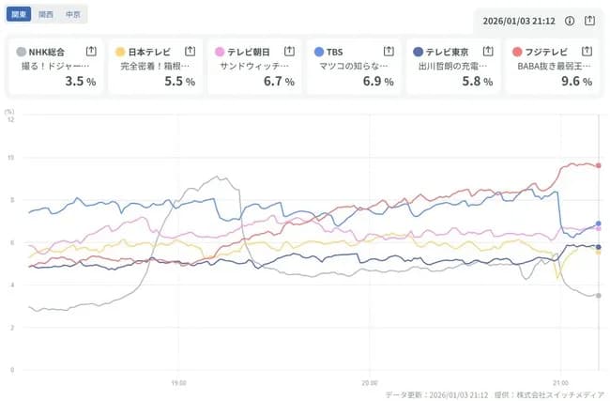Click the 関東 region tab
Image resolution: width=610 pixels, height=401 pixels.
[x=19, y=15]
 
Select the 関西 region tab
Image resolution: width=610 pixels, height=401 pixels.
[x=46, y=15]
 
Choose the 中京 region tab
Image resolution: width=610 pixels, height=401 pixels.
[x=72, y=15]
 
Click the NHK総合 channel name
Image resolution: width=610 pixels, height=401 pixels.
[x=47, y=51]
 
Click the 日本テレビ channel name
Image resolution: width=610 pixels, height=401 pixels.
[x=148, y=51]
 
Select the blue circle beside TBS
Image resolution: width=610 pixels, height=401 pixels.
[x=319, y=51]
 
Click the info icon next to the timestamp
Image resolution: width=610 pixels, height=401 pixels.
[x=570, y=20]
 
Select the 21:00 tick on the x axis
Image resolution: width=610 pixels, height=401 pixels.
[x=559, y=382]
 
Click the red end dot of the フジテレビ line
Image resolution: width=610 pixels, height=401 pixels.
[x=599, y=165]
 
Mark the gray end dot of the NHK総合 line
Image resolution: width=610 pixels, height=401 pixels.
[x=599, y=296]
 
